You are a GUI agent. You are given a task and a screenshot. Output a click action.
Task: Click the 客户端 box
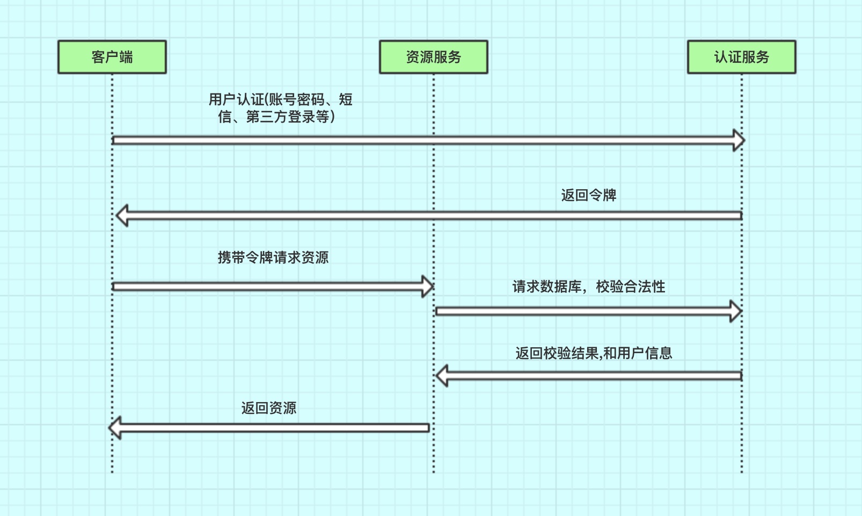pos(112,57)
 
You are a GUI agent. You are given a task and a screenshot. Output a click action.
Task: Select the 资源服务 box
pos(433,57)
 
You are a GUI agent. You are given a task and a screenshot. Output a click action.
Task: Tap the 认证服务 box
pos(741,57)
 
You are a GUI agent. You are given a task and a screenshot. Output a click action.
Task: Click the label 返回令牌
pos(588,195)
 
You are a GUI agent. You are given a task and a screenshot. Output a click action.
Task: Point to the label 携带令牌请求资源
pos(273,257)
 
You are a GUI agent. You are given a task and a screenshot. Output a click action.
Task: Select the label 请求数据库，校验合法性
pos(588,286)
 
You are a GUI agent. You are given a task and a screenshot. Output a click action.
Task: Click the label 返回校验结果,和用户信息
pos(594,353)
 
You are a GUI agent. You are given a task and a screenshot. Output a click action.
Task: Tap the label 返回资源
pos(268,408)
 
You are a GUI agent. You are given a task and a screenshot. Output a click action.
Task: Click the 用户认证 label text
pos(236,99)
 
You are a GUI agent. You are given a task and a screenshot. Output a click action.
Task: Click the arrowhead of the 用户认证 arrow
pos(739,140)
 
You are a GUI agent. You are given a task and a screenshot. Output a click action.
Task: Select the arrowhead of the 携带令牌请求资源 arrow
pos(427,286)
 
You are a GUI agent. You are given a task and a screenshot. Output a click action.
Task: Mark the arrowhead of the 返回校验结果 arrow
pos(442,376)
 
